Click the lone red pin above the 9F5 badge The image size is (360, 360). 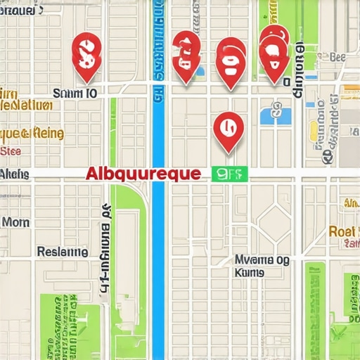tap(228, 131)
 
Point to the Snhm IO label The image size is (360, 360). tap(75, 93)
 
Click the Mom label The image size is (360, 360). tap(15, 222)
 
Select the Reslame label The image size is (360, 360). tap(63, 251)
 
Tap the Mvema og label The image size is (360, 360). tap(262, 260)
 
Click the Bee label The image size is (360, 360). tap(337, 56)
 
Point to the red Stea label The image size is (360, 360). tap(11, 150)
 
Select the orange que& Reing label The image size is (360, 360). tap(32, 134)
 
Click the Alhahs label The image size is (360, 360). tap(13, 174)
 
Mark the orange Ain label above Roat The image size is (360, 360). tap(349, 203)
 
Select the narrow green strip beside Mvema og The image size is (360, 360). tap(315, 295)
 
